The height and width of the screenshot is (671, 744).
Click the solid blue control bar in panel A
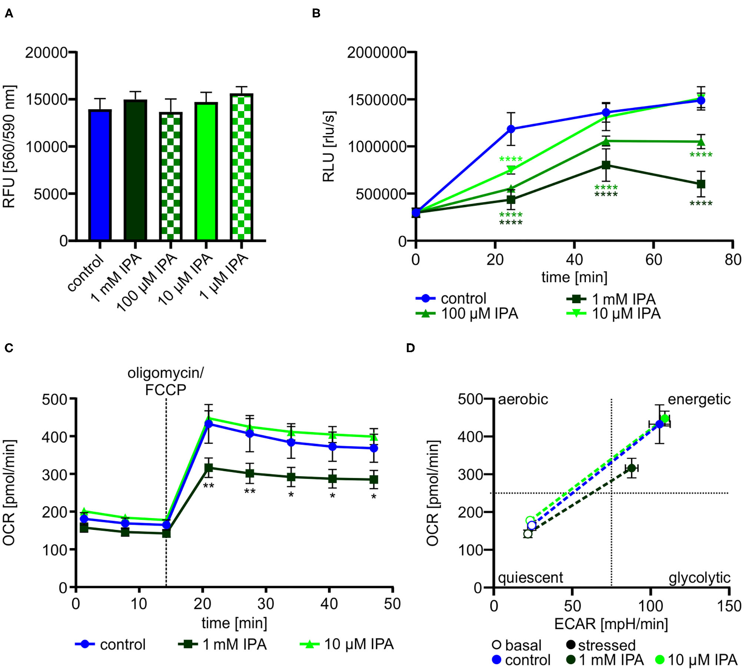point(100,176)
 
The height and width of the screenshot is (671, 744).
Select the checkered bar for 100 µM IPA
point(171,177)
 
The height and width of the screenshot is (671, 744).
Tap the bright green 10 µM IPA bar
point(206,172)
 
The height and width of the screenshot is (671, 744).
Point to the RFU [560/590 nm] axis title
point(9,146)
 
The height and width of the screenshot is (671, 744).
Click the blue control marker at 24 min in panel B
point(511,129)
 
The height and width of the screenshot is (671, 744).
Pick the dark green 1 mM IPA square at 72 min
point(701,184)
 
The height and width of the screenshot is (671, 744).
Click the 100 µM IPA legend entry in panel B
point(467,314)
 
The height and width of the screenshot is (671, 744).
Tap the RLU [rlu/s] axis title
point(329,146)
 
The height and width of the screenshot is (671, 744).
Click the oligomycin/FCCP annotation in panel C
point(165,381)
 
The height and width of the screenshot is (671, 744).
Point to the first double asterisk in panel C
point(209,486)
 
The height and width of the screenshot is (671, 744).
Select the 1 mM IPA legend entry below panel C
point(222,644)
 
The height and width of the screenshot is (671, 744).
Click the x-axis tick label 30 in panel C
point(266,604)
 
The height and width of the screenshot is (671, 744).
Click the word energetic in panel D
point(699,399)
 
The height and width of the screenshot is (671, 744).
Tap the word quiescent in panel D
point(530,577)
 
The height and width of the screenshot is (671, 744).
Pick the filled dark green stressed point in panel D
point(632,468)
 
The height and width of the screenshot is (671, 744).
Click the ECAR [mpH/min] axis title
point(611,624)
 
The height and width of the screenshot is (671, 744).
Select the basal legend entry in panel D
point(517,645)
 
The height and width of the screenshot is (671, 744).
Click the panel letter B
point(316,14)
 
